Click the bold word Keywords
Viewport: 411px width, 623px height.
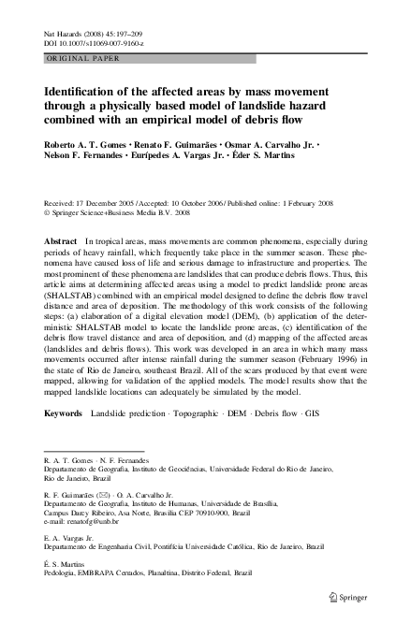point(63,412)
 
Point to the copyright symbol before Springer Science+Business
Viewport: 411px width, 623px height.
point(48,212)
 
